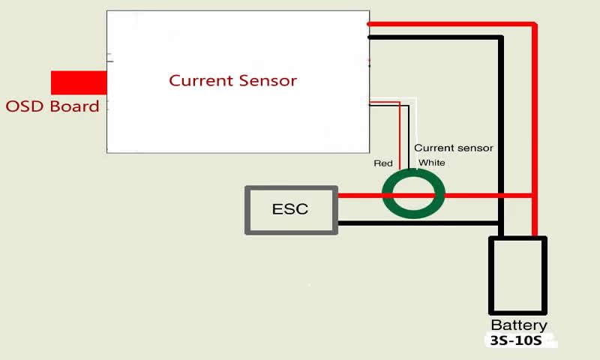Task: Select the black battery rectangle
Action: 517,276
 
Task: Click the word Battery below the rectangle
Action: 518,325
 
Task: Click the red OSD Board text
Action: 52,106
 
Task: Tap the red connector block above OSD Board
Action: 79,82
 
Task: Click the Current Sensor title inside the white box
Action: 232,80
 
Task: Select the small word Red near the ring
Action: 383,163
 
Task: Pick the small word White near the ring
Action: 431,163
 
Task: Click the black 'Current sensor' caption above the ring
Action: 453,148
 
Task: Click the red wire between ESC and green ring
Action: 360,196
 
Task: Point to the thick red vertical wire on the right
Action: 535,135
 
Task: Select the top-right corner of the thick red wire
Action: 535,25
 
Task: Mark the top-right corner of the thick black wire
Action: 501,37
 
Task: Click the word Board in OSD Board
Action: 74,106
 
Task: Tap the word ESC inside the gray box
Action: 290,208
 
